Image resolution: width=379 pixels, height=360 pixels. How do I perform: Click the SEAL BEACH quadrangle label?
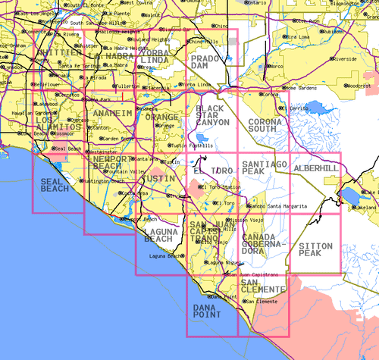55,186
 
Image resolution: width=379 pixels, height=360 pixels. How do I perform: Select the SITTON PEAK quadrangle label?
315,249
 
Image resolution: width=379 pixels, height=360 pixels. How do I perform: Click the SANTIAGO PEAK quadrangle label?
264,168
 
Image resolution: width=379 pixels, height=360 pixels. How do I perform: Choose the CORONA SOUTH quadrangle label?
265,125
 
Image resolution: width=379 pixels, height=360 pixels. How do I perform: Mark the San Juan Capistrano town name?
255,274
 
